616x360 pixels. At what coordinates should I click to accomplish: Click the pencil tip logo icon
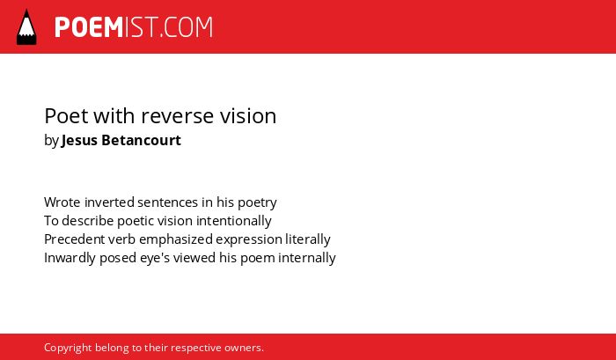(x=26, y=26)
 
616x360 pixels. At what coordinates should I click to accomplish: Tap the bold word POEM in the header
(x=89, y=27)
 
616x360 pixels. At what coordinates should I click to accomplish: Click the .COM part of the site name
(x=185, y=27)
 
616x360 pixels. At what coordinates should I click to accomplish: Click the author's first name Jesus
(x=79, y=140)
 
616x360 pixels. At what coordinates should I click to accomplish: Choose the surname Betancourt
(x=142, y=140)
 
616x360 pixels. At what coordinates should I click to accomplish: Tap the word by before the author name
(x=51, y=141)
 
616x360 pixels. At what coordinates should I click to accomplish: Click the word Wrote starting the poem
(x=62, y=202)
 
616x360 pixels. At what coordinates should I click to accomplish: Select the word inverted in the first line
(x=110, y=202)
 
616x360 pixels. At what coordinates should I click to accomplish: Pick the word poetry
(x=257, y=203)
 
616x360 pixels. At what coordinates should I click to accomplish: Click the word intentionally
(x=234, y=221)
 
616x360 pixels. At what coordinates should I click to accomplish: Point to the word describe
(x=88, y=221)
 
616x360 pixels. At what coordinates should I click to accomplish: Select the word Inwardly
(x=70, y=259)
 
